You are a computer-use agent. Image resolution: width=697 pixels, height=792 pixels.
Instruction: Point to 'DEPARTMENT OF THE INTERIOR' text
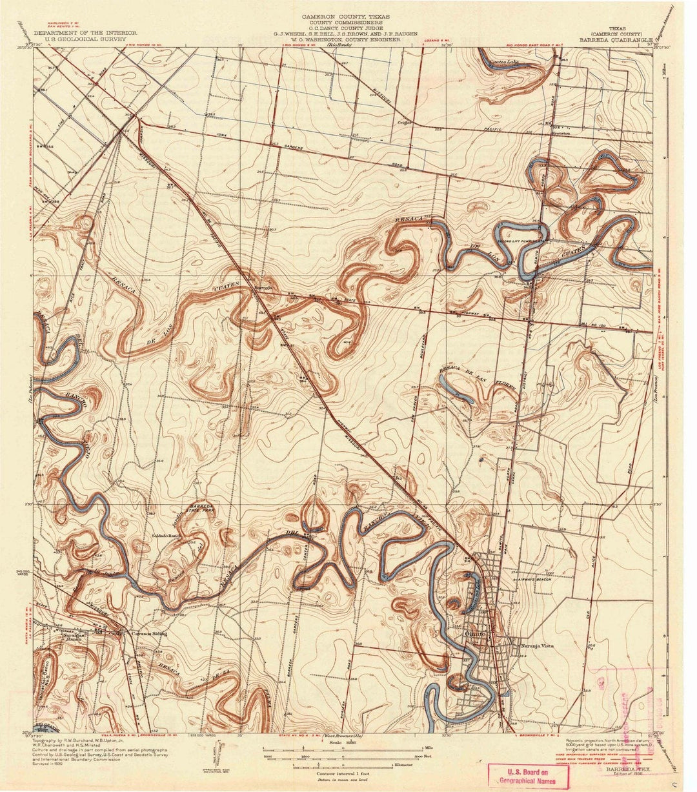click(x=85, y=32)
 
